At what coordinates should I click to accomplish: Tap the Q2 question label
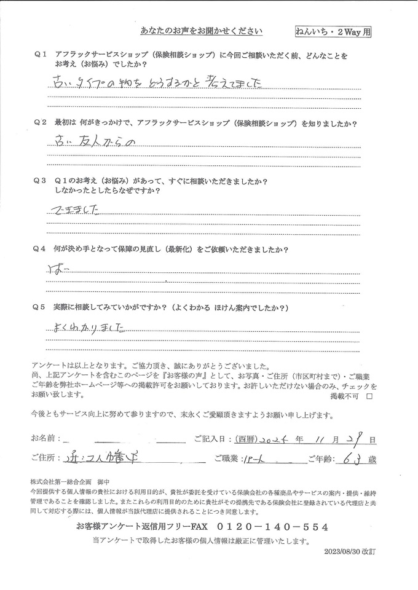point(41,122)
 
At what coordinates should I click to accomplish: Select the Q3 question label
point(41,181)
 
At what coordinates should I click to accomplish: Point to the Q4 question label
point(41,250)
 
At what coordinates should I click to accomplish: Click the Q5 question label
point(41,307)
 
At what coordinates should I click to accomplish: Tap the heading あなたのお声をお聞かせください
point(202,30)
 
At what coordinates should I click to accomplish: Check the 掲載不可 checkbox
point(369,397)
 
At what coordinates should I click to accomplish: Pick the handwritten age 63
point(350,458)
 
